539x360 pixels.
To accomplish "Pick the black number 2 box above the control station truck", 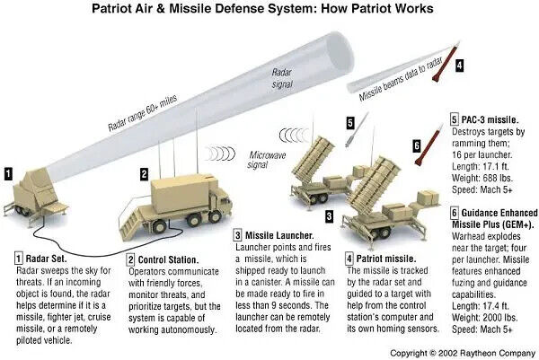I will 143,172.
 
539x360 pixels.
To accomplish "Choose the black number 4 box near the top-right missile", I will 459,65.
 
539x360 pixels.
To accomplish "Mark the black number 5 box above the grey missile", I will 349,121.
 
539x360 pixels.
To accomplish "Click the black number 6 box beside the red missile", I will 416,144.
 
